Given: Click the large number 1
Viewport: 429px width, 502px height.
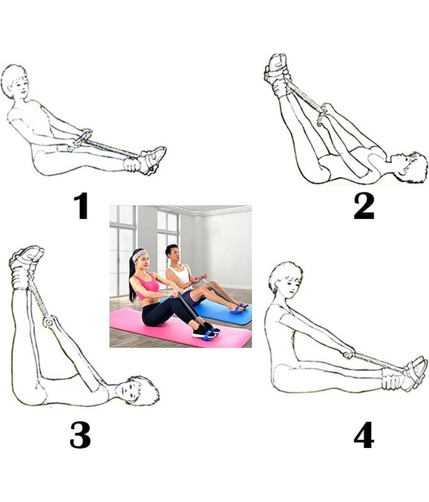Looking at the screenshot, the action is [x=82, y=206].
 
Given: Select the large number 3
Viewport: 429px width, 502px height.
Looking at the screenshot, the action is [x=80, y=435].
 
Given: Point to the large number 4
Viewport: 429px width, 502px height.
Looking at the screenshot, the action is [x=364, y=435].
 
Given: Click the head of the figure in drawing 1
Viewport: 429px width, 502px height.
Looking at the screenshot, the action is [x=14, y=82].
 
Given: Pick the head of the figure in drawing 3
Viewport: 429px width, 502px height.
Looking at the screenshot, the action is [x=137, y=390].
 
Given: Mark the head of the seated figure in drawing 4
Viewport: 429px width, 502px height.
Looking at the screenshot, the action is [x=285, y=279].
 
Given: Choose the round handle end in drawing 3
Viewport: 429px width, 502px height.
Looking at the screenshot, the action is [x=48, y=322].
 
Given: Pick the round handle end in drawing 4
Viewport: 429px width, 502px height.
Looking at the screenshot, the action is [x=346, y=355].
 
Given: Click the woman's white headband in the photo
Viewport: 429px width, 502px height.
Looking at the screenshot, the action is [x=139, y=255].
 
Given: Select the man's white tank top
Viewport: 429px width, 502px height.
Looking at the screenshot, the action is [x=180, y=277].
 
